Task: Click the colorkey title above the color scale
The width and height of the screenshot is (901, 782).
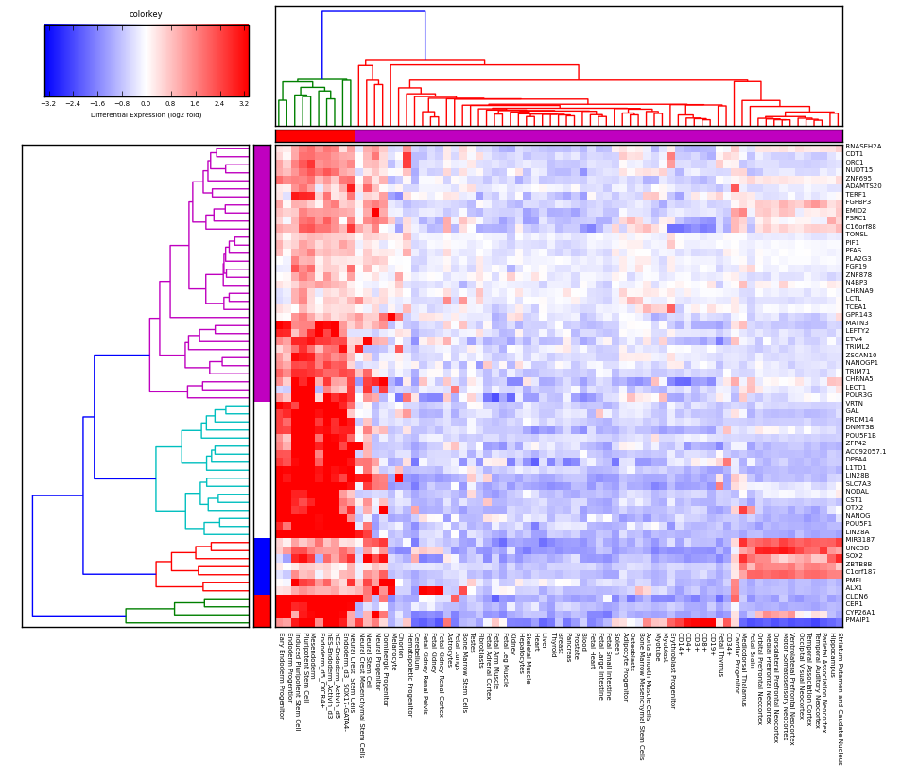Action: (x=146, y=14)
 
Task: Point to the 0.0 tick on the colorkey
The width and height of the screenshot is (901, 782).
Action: (x=146, y=103)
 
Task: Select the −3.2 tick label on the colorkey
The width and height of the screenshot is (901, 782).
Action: (x=48, y=103)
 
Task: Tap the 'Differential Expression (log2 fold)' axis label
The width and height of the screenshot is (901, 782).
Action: (x=146, y=114)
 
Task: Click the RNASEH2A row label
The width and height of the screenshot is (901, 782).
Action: (x=863, y=147)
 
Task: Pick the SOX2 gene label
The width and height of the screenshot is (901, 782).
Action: (x=854, y=556)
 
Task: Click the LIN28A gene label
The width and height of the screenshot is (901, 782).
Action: (x=857, y=531)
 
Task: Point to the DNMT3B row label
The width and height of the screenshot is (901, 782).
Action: (x=859, y=427)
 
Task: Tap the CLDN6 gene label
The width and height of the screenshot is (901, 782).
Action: (x=856, y=596)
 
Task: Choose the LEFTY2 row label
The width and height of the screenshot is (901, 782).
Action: (x=857, y=331)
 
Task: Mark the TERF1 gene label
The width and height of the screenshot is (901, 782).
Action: (x=856, y=195)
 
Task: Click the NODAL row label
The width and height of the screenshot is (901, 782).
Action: (x=857, y=492)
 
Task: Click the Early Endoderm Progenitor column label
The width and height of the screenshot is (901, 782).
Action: (x=280, y=676)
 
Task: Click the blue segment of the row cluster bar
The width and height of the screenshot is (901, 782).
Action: (x=262, y=565)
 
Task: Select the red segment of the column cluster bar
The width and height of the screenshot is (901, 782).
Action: (x=315, y=136)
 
